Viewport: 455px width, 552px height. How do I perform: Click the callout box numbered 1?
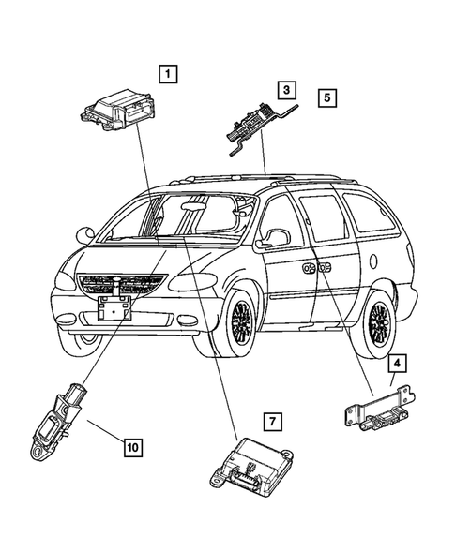pyautogui.click(x=167, y=71)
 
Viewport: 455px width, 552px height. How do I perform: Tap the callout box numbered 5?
pyautogui.click(x=326, y=97)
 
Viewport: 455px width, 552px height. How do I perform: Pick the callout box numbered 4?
pyautogui.click(x=398, y=363)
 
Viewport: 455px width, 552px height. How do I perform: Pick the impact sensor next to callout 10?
pyautogui.click(x=54, y=422)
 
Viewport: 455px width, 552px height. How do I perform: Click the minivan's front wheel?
pyautogui.click(x=241, y=324)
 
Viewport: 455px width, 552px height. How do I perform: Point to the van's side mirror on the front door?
pyautogui.click(x=274, y=240)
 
